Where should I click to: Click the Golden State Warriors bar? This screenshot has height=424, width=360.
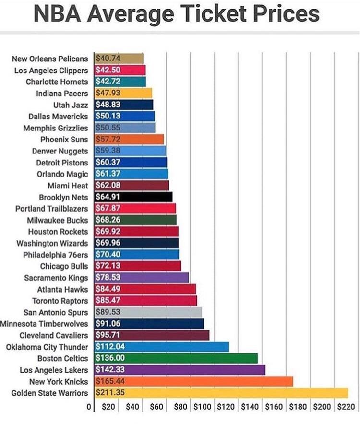coord(221,393)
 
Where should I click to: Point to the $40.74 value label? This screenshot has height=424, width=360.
coord(108,59)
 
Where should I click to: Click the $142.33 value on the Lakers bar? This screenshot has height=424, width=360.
coord(110,370)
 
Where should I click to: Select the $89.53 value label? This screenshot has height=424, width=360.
coord(108,312)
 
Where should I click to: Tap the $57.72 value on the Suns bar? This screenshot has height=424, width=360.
coord(108,139)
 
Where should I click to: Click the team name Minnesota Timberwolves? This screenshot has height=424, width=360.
coord(44,324)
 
